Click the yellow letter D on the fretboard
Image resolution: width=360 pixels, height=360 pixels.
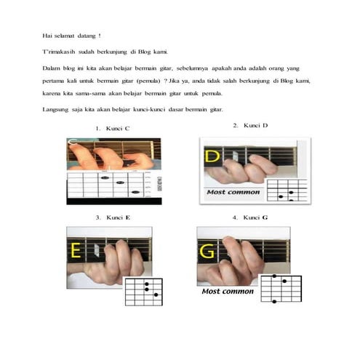[x=212, y=156]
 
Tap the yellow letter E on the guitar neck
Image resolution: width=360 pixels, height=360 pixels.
[x=76, y=250]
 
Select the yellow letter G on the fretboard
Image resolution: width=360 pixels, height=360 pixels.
[x=207, y=251]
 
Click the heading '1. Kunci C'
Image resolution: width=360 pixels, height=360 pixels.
[x=113, y=129]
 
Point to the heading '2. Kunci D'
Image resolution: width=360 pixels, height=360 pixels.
[x=250, y=126]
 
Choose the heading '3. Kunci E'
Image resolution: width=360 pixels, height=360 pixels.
[x=113, y=217]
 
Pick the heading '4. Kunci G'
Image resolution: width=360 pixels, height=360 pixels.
[x=250, y=217]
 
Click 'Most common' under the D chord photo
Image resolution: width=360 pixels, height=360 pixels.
[x=233, y=192]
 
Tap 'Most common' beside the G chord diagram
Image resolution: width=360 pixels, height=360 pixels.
[x=228, y=291]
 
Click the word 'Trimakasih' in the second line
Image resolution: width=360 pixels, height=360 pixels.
[x=59, y=52]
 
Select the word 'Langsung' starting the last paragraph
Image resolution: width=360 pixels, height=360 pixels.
[x=55, y=110]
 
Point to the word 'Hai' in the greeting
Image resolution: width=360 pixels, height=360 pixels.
[x=47, y=36]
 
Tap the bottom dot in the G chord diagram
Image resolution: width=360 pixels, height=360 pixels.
[x=274, y=301]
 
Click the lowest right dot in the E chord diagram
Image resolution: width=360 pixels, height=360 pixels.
[x=156, y=295]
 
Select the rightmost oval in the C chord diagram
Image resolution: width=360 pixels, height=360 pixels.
[x=135, y=192]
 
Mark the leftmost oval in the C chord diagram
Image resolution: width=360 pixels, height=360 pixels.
[x=105, y=177]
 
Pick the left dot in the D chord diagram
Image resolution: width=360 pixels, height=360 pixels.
[x=281, y=196]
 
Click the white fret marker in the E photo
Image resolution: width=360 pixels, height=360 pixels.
[x=97, y=250]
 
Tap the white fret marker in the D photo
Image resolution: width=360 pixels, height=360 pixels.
[x=235, y=156]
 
